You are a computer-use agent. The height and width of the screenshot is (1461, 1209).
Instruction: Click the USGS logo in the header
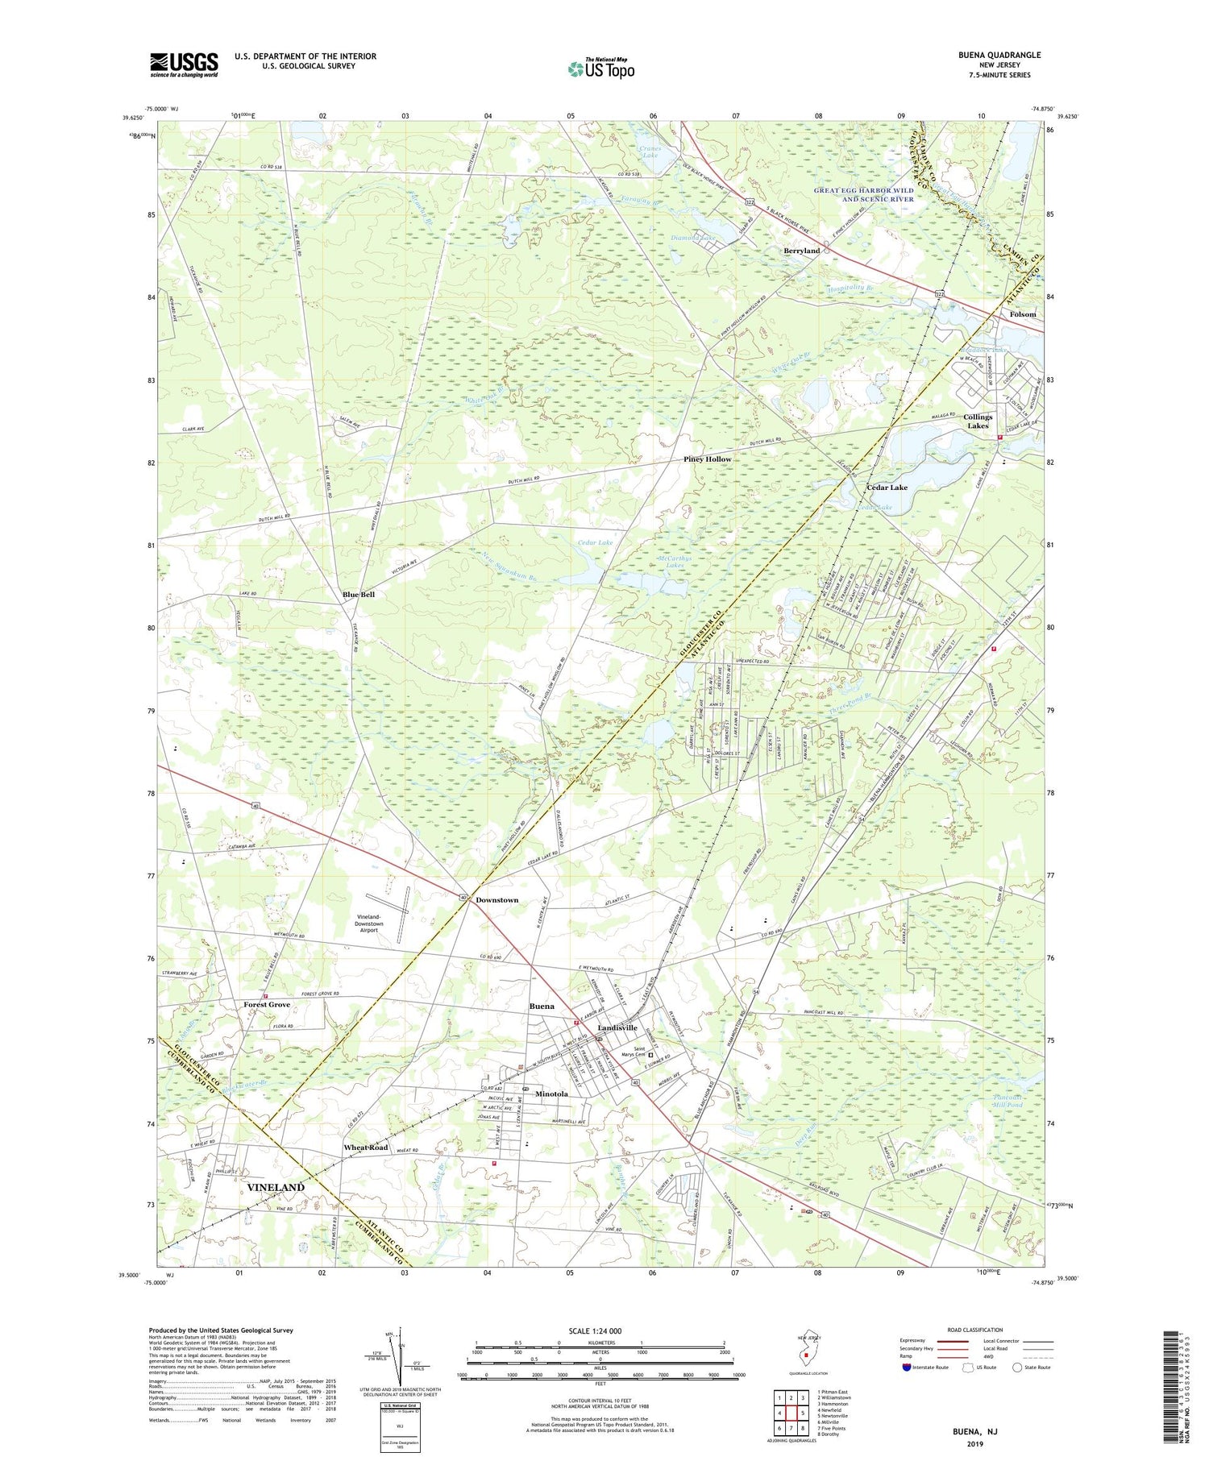[184, 64]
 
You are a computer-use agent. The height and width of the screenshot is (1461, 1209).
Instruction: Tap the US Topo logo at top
[600, 68]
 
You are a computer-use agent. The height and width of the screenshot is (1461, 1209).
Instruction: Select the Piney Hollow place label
[707, 459]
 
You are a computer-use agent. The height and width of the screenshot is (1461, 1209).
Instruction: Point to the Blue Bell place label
[358, 595]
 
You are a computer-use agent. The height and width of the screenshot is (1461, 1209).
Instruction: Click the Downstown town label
[496, 900]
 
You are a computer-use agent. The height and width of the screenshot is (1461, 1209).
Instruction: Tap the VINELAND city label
[276, 1187]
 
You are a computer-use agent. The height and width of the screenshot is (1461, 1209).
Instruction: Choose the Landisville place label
[617, 1027]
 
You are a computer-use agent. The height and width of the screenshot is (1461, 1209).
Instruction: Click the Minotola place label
[552, 1094]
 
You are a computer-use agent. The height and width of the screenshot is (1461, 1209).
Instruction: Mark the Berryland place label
[801, 251]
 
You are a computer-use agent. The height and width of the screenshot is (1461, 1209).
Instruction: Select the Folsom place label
[1023, 314]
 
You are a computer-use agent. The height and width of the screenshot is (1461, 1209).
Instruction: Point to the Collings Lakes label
[978, 421]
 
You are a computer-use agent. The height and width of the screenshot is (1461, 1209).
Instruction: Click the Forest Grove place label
[267, 1005]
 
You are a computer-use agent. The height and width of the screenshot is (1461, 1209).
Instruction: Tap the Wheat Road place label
[366, 1147]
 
